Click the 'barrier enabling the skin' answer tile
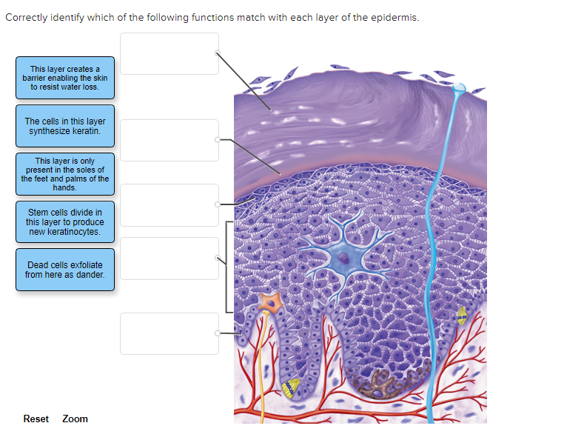[x=65, y=78]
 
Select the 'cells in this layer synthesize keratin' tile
[x=65, y=126]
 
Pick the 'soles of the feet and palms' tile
[x=65, y=174]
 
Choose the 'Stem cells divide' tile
[x=65, y=221]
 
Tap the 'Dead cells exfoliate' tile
[x=65, y=270]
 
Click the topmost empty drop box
[x=170, y=53]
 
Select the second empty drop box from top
[x=170, y=140]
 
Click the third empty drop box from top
[x=170, y=205]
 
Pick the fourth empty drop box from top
[x=170, y=259]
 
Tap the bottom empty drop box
[x=170, y=334]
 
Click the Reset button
[x=36, y=419]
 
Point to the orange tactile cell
[x=269, y=303]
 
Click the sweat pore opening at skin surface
[x=460, y=88]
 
